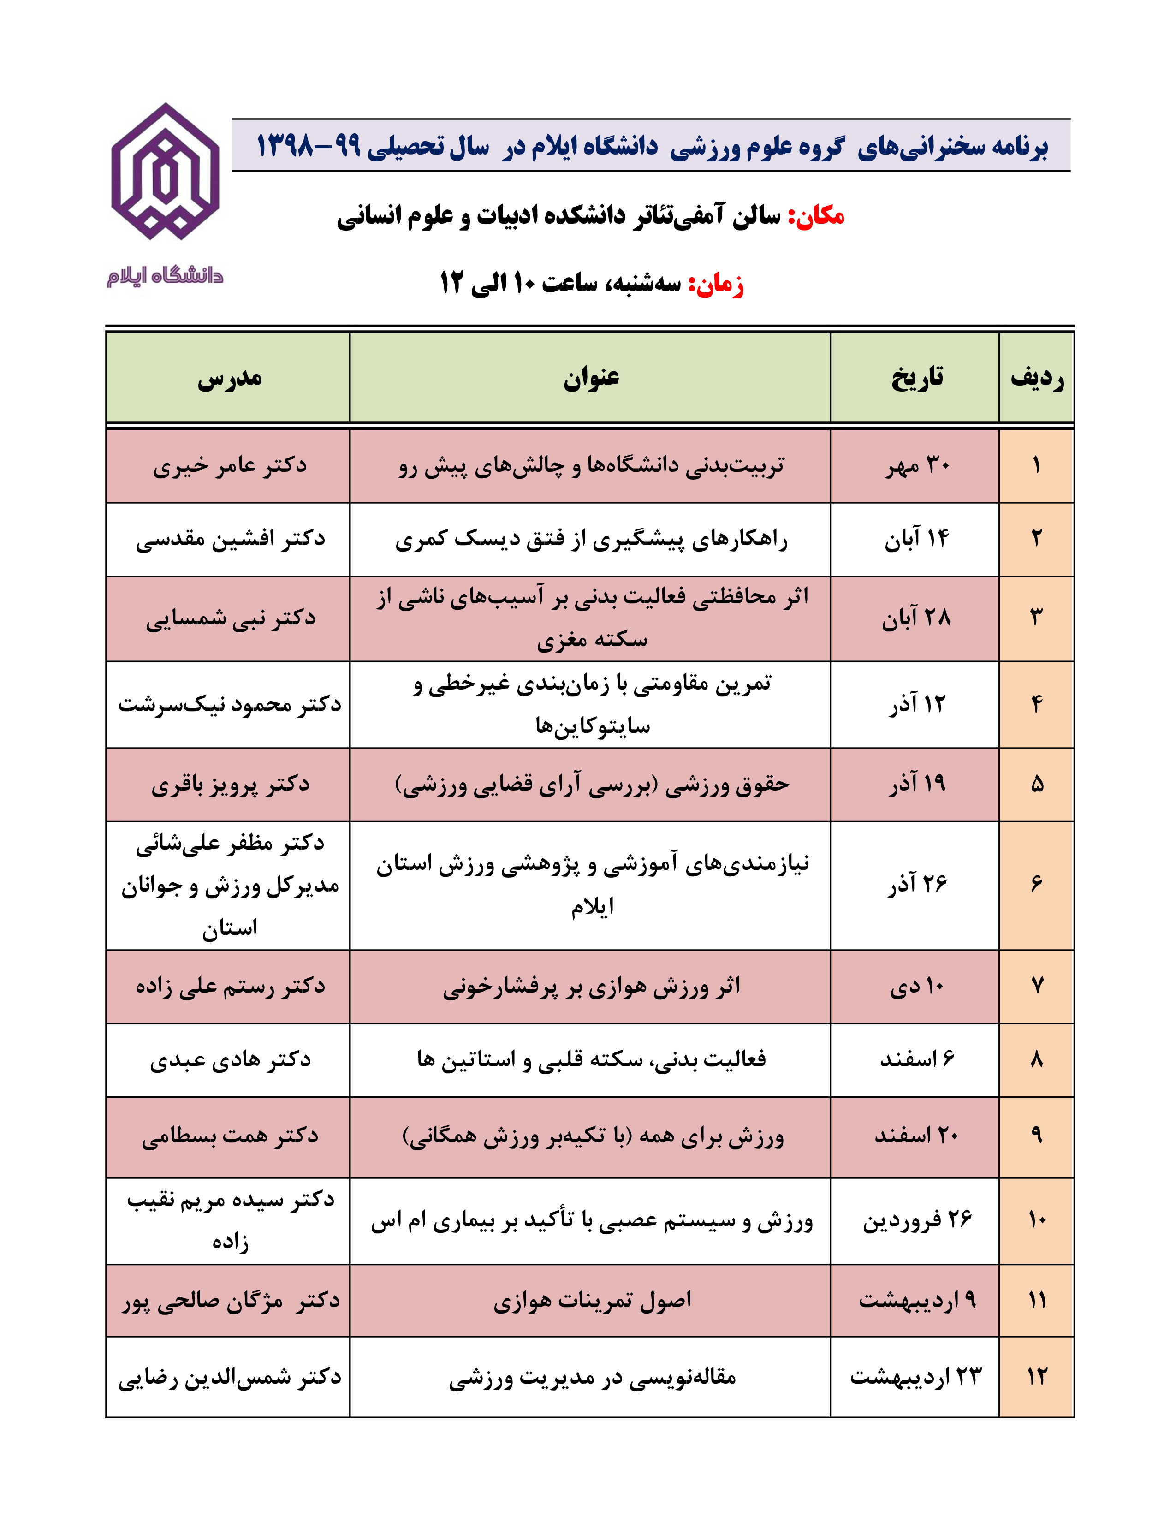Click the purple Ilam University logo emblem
165,172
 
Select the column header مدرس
229,378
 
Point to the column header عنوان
591,378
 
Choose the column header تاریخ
916,378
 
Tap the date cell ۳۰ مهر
917,465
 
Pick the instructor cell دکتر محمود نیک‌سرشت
229,705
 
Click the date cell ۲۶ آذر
917,885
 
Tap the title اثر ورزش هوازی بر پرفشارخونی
591,987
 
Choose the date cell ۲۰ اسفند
916,1136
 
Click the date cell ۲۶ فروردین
917,1220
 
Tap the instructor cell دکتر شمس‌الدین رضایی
229,1378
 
